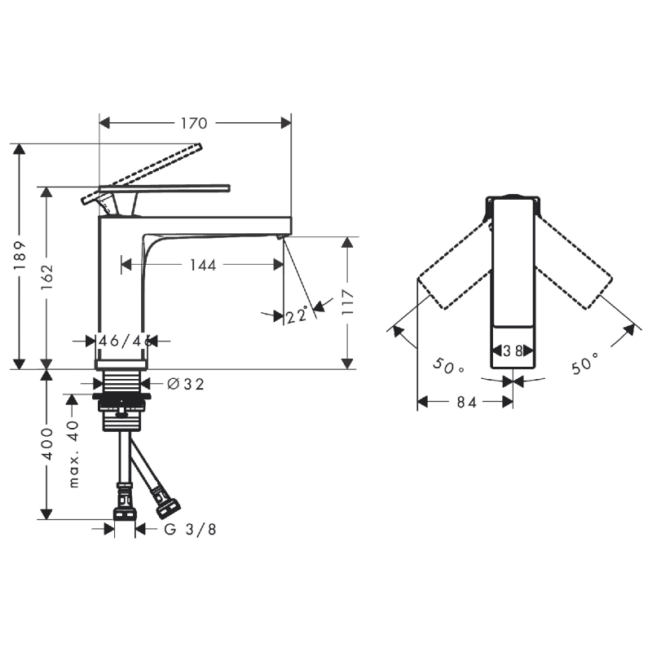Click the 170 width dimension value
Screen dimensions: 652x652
coord(194,123)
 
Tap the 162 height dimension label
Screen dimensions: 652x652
coord(47,277)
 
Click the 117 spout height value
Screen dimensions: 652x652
coord(348,302)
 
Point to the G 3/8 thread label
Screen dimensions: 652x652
coord(190,529)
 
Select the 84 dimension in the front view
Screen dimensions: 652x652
coord(465,402)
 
